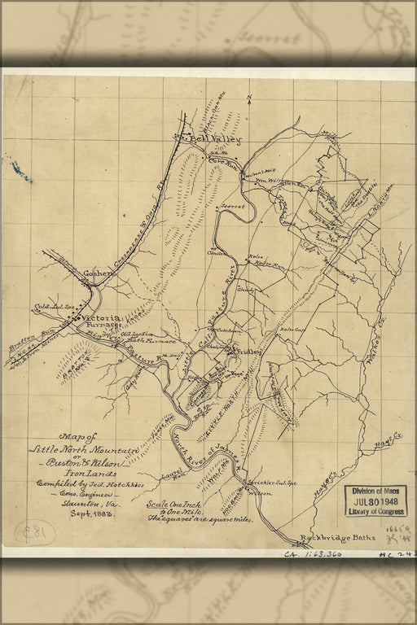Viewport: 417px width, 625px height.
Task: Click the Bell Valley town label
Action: click(x=202, y=139)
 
